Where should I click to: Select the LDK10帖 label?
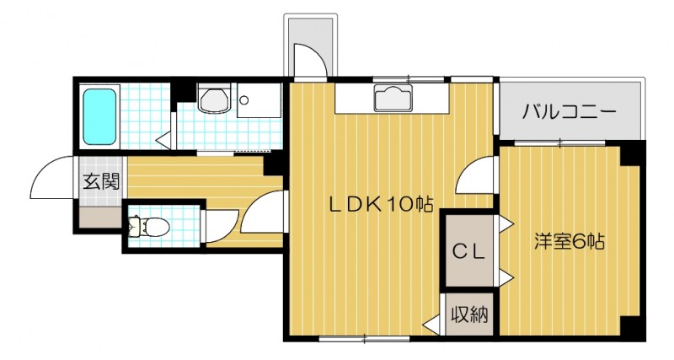[381, 203]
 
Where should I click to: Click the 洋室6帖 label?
[570, 241]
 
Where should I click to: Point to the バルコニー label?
[570, 111]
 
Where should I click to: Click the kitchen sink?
[393, 99]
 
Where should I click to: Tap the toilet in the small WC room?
[152, 226]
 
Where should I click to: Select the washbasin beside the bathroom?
[213, 99]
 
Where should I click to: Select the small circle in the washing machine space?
[244, 99]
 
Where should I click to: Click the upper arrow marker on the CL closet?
[505, 224]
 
